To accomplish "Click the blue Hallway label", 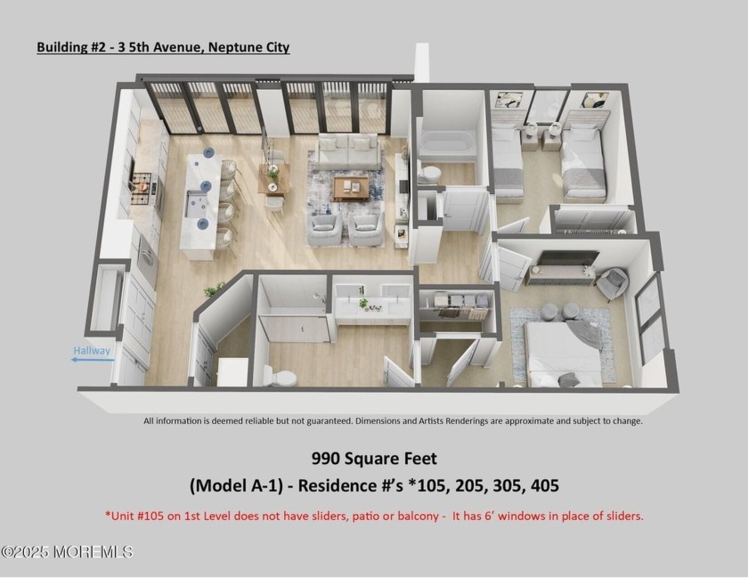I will pos(92,351).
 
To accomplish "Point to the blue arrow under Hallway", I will pos(91,362).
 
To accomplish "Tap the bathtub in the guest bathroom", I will pos(448,143).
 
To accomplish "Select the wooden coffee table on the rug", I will pos(351,185).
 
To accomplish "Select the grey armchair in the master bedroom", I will pos(612,283).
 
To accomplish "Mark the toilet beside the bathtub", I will pos(430,174).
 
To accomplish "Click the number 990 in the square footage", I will pos(327,460).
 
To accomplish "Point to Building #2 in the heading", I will pos(74,47).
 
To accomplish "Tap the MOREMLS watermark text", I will pos(68,552).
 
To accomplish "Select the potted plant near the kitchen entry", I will pos(214,289).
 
